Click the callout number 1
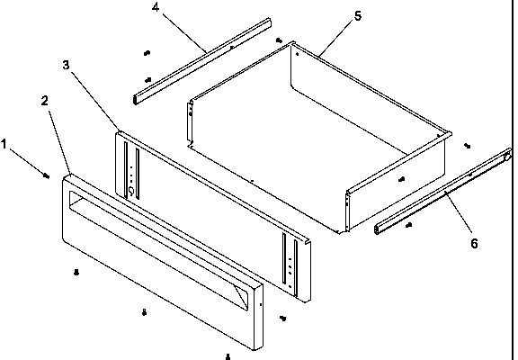[x=4, y=145]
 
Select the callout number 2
[x=45, y=101]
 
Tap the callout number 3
[x=66, y=65]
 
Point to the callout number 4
[x=156, y=7]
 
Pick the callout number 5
[x=358, y=16]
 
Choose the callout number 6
[x=474, y=244]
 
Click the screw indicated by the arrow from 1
[x=47, y=176]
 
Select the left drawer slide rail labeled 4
[x=202, y=61]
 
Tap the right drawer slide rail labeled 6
[x=442, y=191]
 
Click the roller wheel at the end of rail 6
[x=508, y=157]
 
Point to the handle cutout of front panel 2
[x=158, y=250]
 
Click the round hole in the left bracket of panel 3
[x=130, y=190]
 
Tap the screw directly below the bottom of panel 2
[x=228, y=356]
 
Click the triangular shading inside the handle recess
[x=241, y=295]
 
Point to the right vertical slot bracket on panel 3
[x=290, y=265]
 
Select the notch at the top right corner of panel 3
[x=308, y=242]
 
